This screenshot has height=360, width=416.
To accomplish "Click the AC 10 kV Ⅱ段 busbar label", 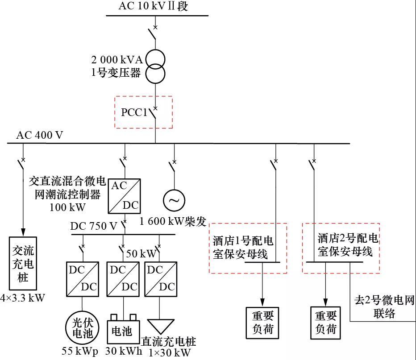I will point(153,6).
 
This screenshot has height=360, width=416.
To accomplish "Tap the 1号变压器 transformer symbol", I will point(155,66).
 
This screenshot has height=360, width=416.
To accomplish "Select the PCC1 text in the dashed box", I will point(134,112).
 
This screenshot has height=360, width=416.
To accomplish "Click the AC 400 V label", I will point(40,135).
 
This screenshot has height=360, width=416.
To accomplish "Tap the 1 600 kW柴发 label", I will point(173,220).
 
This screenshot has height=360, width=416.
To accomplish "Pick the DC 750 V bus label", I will point(94,226).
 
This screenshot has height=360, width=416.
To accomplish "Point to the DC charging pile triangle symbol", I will point(159,328).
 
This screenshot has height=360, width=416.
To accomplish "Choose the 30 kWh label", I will point(124,351).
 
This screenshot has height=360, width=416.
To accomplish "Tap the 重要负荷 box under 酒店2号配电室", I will point(325,323).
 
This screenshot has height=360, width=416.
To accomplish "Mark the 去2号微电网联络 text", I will point(384,306).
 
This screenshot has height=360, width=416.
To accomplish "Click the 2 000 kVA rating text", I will point(116,59).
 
